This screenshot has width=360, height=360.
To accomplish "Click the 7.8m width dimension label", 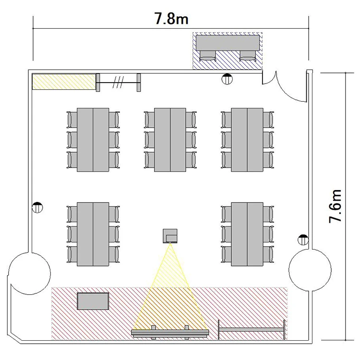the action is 171,18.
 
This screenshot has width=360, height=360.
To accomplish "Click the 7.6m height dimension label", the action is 335,206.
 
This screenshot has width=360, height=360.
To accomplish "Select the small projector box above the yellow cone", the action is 170,236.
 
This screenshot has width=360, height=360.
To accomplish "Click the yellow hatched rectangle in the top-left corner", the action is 64,82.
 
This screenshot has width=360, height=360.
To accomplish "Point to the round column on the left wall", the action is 29,273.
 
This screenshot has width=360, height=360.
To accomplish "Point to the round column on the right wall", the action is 310,270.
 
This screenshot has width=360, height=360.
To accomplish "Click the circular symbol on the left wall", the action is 37,207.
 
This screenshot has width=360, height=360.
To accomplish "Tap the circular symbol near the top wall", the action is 227,79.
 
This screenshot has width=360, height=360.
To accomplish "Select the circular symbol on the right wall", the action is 303,240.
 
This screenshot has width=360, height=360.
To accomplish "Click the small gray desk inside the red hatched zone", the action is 93,301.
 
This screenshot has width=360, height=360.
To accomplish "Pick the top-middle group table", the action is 170,140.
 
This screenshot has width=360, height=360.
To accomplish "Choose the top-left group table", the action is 93,140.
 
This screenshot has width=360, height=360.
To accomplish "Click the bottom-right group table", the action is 247,234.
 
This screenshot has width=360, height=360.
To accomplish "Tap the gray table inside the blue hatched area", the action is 228,42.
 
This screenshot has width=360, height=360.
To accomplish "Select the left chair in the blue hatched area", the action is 208,56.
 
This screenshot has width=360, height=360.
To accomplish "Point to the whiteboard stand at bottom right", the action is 252,330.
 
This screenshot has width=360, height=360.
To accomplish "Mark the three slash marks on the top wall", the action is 118,82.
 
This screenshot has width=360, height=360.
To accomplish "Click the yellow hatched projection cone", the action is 170,287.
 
